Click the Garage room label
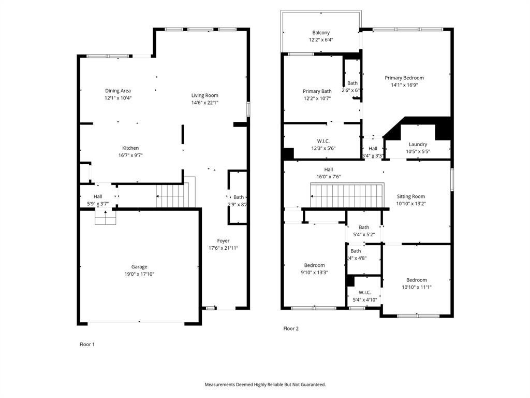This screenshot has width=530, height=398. pyautogui.click(x=139, y=267)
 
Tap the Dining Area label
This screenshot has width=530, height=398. pyautogui.click(x=118, y=91)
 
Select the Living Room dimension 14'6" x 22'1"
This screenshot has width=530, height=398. pyautogui.click(x=204, y=103)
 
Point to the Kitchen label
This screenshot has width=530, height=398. pyautogui.click(x=130, y=148)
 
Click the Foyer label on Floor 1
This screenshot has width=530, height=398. pyautogui.click(x=223, y=240)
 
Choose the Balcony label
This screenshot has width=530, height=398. pyautogui.click(x=321, y=33)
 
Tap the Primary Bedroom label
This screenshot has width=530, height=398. pyautogui.click(x=404, y=78)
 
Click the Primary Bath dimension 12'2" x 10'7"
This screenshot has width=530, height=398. pyautogui.click(x=317, y=98)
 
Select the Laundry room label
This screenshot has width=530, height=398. pyautogui.click(x=418, y=144)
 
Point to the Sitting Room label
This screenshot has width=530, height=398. pyautogui.click(x=410, y=196)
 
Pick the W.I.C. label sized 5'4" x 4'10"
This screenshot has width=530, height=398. pyautogui.click(x=364, y=292)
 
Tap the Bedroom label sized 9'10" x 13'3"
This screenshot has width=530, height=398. pyautogui.click(x=314, y=265)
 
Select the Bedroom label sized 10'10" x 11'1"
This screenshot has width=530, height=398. pyautogui.click(x=416, y=280)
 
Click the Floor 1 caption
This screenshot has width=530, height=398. pyautogui.click(x=87, y=344)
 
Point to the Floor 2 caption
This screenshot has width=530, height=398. pyautogui.click(x=291, y=329)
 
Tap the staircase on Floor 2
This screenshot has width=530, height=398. pyautogui.click(x=347, y=195)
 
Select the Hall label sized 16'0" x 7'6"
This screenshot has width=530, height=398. pyautogui.click(x=328, y=169)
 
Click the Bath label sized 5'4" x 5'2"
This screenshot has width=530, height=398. pyautogui.click(x=364, y=227)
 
